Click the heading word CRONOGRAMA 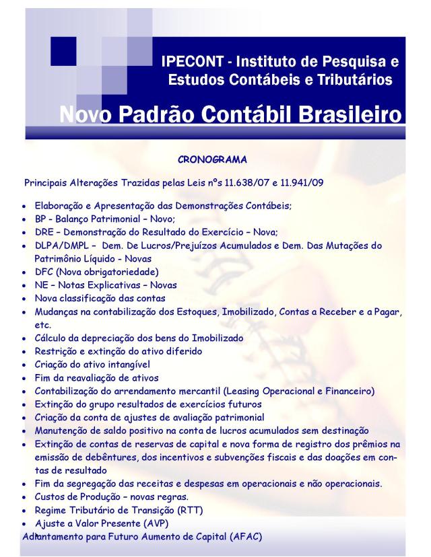(x=212, y=161)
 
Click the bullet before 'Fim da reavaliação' (x=25, y=377)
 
